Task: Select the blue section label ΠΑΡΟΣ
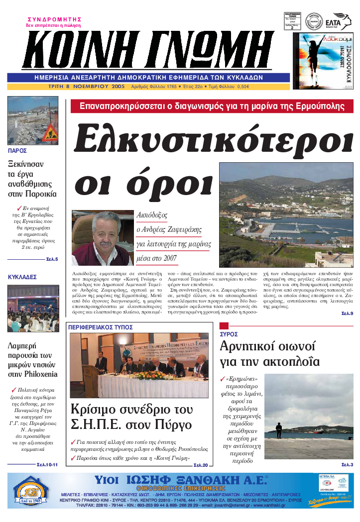pos(17,150)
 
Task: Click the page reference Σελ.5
pos(52,259)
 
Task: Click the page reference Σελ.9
pos(347,313)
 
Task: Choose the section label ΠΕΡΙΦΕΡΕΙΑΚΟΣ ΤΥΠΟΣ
pos(101,327)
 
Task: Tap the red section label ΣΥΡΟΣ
pos(229,334)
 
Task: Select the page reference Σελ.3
pos(347,464)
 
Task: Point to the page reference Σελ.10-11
pos(47,464)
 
